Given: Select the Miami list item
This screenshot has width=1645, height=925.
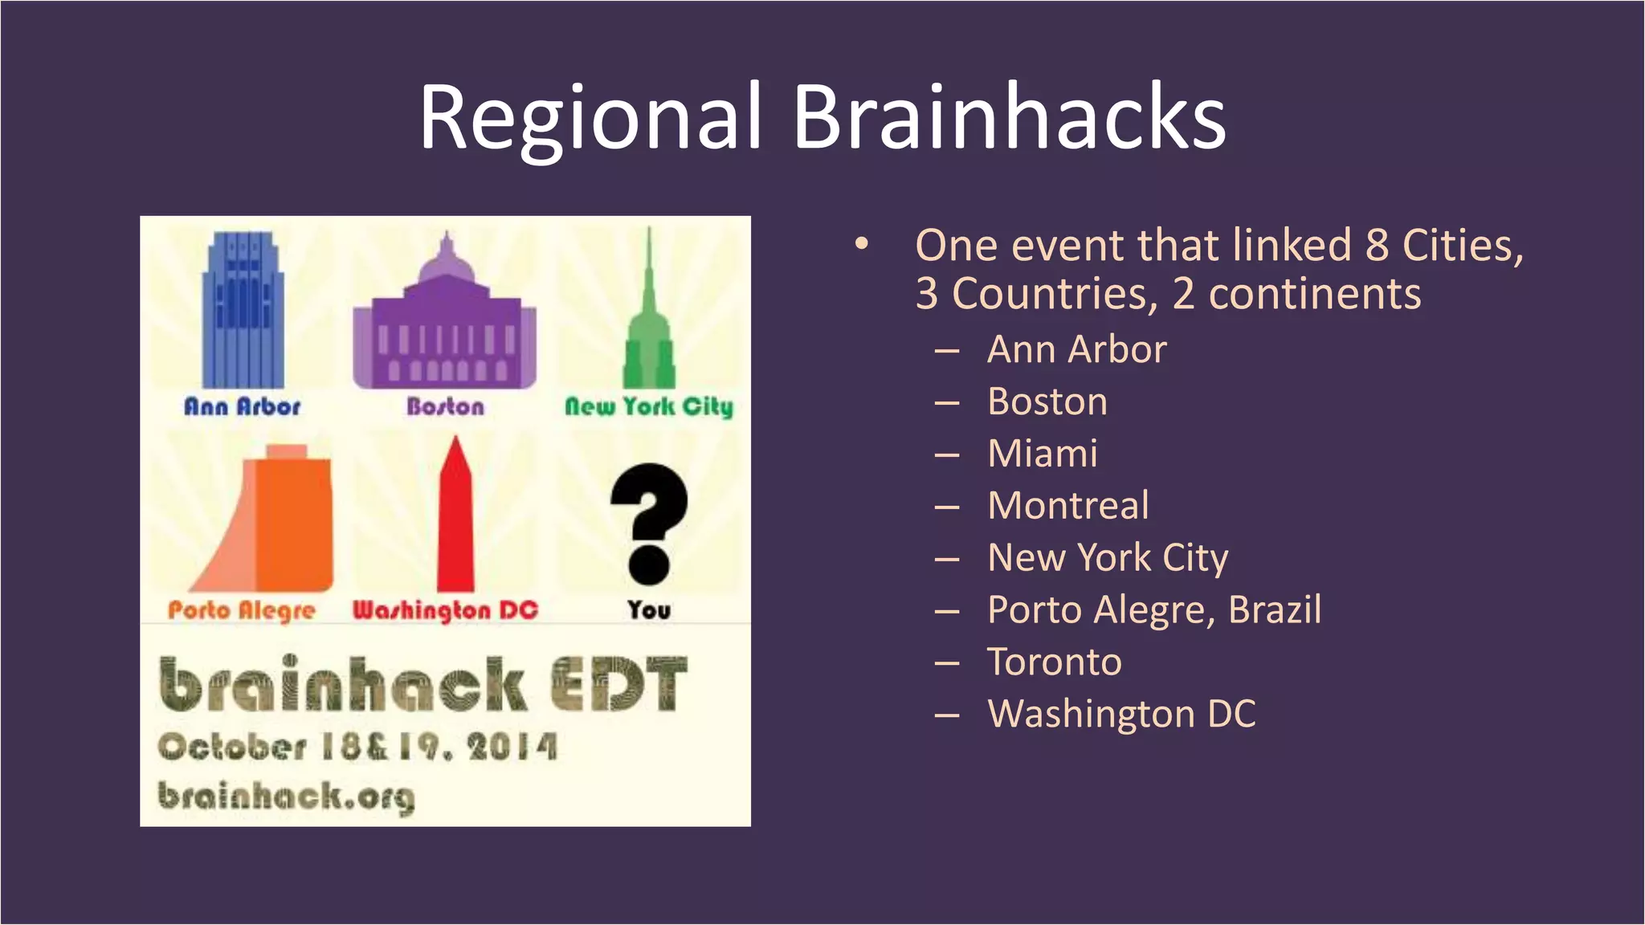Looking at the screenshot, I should click(1042, 454).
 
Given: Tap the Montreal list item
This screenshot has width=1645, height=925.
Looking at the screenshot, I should click(1067, 506).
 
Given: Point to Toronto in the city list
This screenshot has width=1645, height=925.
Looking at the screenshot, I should click(1054, 662).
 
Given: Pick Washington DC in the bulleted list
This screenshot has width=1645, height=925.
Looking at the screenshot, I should click(1121, 714).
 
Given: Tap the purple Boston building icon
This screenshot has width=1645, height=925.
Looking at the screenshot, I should click(444, 321).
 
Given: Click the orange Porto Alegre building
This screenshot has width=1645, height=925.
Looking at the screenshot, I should click(273, 522).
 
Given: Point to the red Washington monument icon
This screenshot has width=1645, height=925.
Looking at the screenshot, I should click(455, 518).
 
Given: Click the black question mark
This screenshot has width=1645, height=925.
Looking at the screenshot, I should click(649, 522).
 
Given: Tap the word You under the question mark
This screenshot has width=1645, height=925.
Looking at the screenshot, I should click(649, 610).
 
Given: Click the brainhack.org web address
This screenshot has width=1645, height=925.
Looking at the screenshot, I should click(286, 797).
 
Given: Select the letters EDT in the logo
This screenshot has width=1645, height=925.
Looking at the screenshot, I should click(618, 685).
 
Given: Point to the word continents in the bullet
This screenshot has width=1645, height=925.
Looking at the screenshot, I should click(1314, 294).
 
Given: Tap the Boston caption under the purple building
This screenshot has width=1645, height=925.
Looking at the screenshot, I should click(445, 406).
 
